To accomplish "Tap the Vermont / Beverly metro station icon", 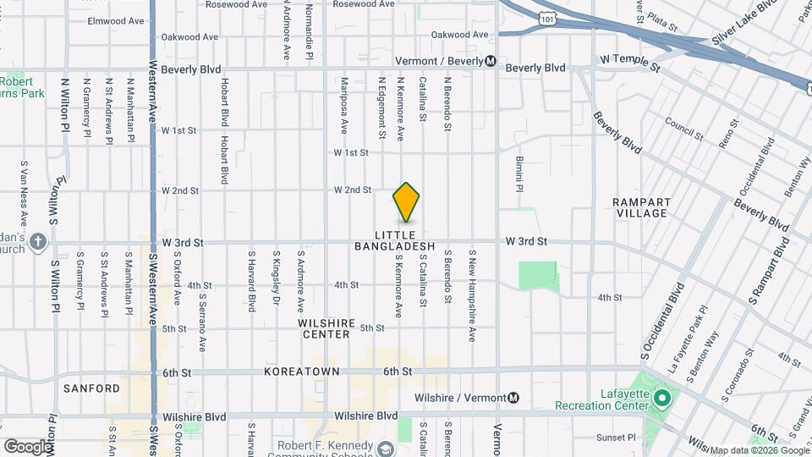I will (x=491, y=61).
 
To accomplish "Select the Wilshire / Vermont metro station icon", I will (x=513, y=398).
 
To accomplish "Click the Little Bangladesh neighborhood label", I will (x=406, y=240).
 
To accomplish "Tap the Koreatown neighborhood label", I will (x=301, y=372).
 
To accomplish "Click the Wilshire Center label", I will (x=324, y=328).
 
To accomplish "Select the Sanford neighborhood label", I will (x=91, y=388).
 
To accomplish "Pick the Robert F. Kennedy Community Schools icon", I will (x=387, y=448).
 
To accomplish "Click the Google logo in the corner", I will (x=28, y=446).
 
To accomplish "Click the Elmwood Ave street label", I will (x=117, y=20).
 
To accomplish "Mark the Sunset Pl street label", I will (x=616, y=438).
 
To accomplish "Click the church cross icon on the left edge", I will (x=37, y=243).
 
